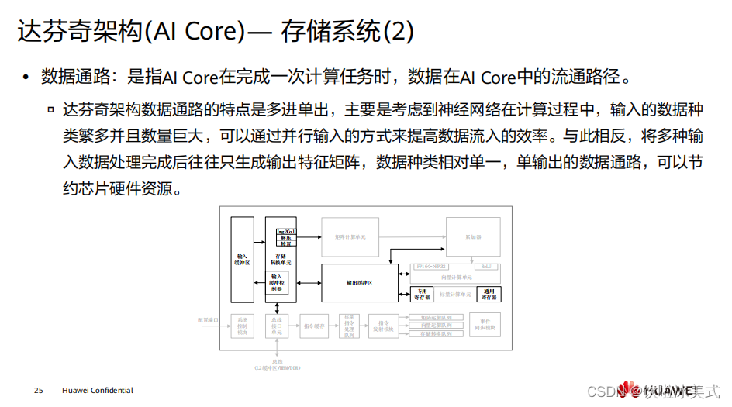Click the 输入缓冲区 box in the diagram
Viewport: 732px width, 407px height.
point(242,258)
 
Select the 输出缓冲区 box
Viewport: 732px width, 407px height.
point(359,283)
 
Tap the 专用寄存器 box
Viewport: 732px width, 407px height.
point(421,294)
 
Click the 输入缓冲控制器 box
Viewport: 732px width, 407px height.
point(277,282)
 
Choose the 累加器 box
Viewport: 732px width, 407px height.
point(473,236)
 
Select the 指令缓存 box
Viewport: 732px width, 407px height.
point(313,326)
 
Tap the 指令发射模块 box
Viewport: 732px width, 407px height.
point(382,326)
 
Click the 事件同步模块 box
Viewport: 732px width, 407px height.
point(485,326)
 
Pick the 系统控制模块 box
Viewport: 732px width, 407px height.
point(242,326)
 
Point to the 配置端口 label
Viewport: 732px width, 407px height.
point(209,319)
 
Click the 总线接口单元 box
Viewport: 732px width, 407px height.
point(277,326)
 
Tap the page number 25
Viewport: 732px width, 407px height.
point(38,391)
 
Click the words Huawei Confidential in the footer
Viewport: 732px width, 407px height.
point(97,391)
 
